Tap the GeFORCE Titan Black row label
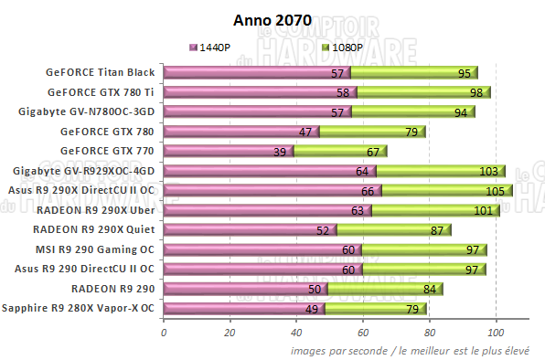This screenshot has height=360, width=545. tap(106, 72)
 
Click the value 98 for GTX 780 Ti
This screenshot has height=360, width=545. tap(475, 92)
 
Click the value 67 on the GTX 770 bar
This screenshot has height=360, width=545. tap(372, 151)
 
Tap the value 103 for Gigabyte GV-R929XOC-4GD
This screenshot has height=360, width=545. tap(487, 171)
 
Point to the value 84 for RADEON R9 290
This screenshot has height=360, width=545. tap(428, 289)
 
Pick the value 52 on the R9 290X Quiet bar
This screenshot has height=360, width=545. tap(321, 230)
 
